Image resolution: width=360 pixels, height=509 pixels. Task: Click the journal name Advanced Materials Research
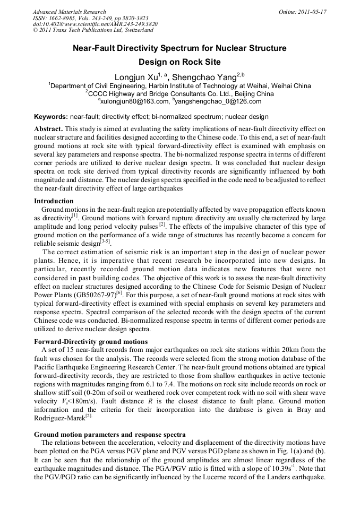coord(69,12)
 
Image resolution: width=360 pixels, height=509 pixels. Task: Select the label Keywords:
coord(51,116)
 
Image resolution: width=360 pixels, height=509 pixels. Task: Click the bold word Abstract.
coord(48,129)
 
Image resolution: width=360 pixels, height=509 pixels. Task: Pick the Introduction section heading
coord(54,201)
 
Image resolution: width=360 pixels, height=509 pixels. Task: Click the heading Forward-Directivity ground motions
coord(91,341)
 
